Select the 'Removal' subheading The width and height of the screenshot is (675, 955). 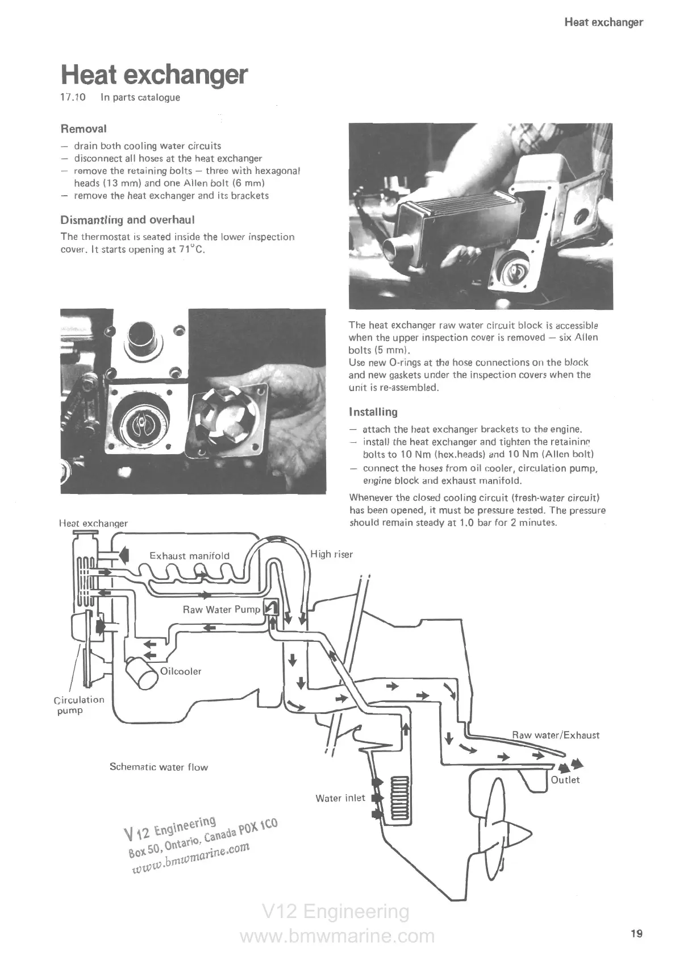(x=84, y=129)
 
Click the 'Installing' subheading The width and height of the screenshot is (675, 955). (x=373, y=412)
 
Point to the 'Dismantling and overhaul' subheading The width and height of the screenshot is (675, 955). (x=128, y=220)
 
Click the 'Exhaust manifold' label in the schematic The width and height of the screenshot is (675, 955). (x=189, y=556)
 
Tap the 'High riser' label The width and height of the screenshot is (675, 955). (x=332, y=554)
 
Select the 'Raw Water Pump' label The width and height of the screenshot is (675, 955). (x=221, y=610)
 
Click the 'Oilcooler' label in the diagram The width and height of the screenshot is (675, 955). (x=181, y=671)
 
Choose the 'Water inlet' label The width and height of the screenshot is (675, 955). (x=340, y=798)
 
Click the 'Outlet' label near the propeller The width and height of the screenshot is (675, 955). (x=565, y=780)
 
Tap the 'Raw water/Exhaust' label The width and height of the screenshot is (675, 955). (x=556, y=735)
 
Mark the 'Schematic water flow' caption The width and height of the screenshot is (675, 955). (x=159, y=767)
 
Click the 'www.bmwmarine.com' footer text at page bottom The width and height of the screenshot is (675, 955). (x=337, y=936)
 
